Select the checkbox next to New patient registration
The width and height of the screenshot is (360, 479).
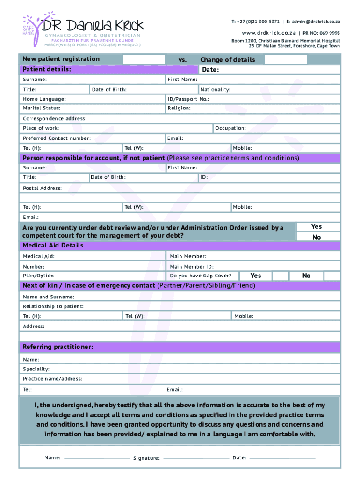tap(144, 59)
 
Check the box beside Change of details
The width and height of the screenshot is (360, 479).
tap(285, 59)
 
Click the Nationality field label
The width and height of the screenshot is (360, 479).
tap(215, 89)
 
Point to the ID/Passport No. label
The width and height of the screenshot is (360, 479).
tap(188, 99)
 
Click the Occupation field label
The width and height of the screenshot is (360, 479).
tap(230, 128)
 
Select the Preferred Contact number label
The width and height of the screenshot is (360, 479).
tap(57, 138)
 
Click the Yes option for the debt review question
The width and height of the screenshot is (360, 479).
tap(317, 227)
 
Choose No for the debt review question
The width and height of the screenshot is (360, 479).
tap(317, 237)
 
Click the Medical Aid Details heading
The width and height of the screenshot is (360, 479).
tap(53, 246)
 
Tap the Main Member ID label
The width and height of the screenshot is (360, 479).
tap(192, 266)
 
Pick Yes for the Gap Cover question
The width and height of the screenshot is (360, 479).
tap(256, 276)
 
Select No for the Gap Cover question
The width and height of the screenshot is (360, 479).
tap(306, 276)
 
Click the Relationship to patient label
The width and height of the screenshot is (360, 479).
tap(53, 306)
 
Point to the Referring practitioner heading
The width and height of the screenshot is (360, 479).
tap(58, 347)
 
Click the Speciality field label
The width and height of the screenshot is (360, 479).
tap(36, 369)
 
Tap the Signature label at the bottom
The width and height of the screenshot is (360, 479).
tap(146, 458)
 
